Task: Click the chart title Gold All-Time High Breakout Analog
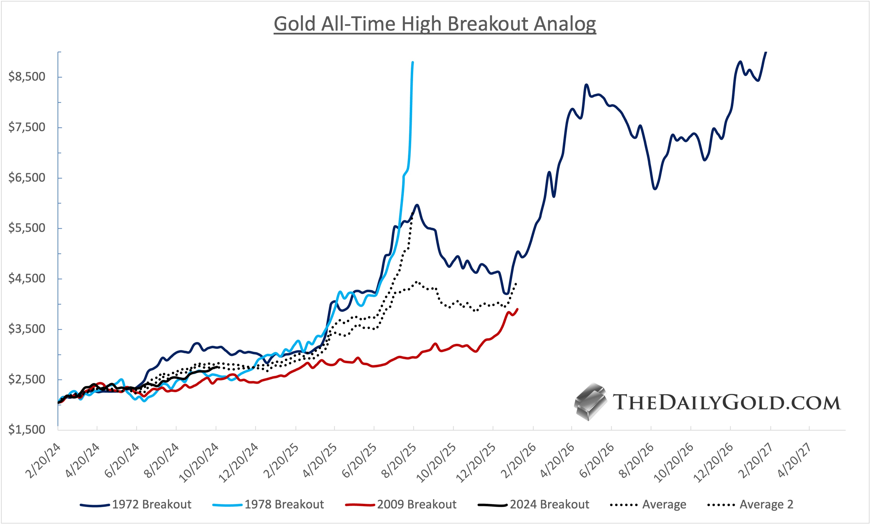(435, 24)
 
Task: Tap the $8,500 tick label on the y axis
(27, 77)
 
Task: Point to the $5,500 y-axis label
(27, 228)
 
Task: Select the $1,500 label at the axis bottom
(27, 430)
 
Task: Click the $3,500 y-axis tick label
(27, 329)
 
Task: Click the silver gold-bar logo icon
(590, 402)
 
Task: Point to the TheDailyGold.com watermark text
(726, 403)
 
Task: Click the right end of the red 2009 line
(518, 309)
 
